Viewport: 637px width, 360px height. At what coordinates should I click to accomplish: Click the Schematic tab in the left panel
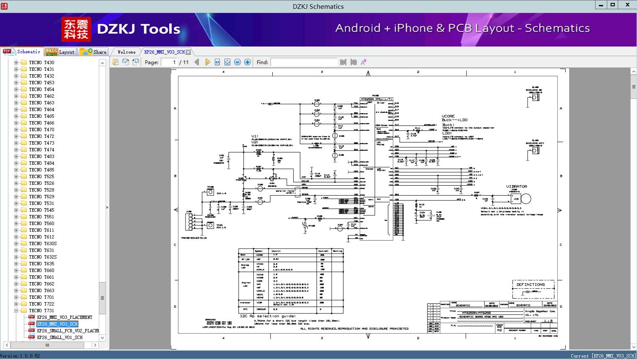click(23, 52)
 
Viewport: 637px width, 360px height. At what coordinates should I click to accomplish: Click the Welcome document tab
click(126, 52)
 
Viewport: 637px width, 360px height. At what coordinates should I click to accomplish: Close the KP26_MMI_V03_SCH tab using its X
click(188, 52)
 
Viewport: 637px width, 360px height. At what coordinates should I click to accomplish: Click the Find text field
click(304, 62)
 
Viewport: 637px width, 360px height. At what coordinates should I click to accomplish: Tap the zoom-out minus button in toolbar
click(237, 62)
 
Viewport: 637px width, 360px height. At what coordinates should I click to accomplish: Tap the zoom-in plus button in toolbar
click(248, 62)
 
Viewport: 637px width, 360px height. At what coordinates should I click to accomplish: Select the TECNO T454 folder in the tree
click(41, 89)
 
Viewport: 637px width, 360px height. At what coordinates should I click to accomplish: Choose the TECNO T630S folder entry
click(43, 243)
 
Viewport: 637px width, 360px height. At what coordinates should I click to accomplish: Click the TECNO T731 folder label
click(41, 311)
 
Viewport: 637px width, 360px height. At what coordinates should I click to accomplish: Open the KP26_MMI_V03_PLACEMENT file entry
click(64, 317)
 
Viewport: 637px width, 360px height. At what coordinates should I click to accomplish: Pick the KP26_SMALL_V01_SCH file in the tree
click(59, 337)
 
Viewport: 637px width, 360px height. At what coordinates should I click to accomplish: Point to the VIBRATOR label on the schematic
click(516, 186)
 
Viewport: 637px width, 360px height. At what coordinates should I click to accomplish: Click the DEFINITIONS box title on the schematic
click(531, 285)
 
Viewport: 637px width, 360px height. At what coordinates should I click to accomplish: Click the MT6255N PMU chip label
click(377, 99)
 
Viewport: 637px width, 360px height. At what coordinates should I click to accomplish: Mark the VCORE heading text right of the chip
click(448, 116)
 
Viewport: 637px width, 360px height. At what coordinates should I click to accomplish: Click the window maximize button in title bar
click(612, 5)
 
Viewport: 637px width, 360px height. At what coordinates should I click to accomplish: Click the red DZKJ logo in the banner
click(76, 29)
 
